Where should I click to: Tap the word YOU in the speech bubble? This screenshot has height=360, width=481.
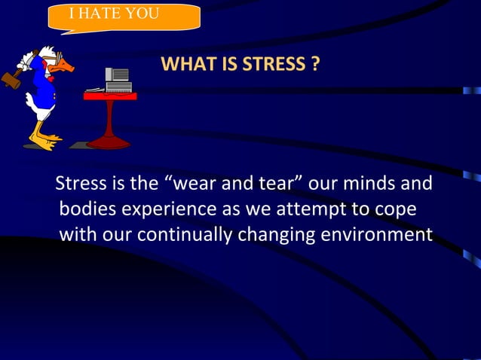(144, 14)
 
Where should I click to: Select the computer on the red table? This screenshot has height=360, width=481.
(118, 80)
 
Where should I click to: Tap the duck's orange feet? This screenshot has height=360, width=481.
(47, 141)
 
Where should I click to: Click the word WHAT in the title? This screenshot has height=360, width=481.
(185, 65)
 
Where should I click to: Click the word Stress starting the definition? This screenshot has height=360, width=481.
(81, 184)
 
